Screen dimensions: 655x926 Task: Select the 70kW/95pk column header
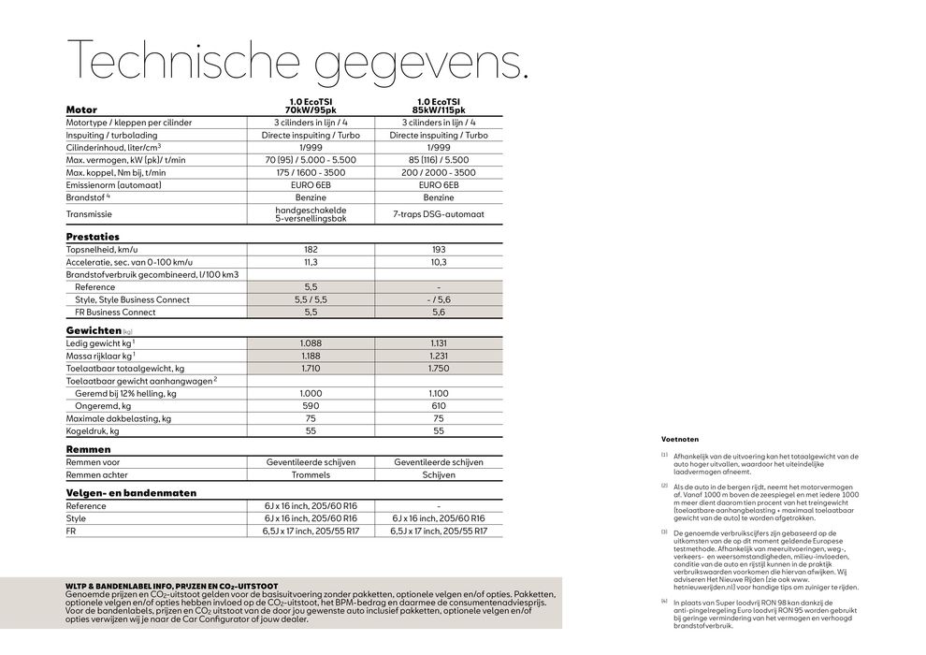pyautogui.click(x=311, y=109)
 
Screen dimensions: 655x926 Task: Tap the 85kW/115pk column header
pyautogui.click(x=438, y=109)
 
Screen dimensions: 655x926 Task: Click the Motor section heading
pyautogui.click(x=81, y=109)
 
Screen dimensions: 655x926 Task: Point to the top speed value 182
pyautogui.click(x=311, y=251)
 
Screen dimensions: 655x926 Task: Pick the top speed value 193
pyautogui.click(x=438, y=251)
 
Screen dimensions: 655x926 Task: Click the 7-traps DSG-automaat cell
pyautogui.click(x=438, y=214)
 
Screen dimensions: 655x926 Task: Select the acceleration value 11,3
pyautogui.click(x=311, y=263)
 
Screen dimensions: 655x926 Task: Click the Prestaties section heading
pyautogui.click(x=93, y=237)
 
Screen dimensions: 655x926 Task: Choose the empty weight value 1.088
pyautogui.click(x=311, y=343)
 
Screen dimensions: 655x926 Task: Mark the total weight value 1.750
pyautogui.click(x=438, y=369)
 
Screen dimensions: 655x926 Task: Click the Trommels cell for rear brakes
pyautogui.click(x=311, y=474)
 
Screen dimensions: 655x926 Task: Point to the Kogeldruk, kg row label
pyautogui.click(x=93, y=431)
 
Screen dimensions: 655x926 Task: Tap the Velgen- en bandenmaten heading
pyautogui.click(x=131, y=492)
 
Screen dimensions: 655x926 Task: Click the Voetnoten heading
pyautogui.click(x=680, y=439)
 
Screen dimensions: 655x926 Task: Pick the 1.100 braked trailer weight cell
pyautogui.click(x=438, y=394)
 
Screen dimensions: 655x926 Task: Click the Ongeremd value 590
pyautogui.click(x=311, y=406)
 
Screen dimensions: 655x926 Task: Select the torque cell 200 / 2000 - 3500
pyautogui.click(x=438, y=172)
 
